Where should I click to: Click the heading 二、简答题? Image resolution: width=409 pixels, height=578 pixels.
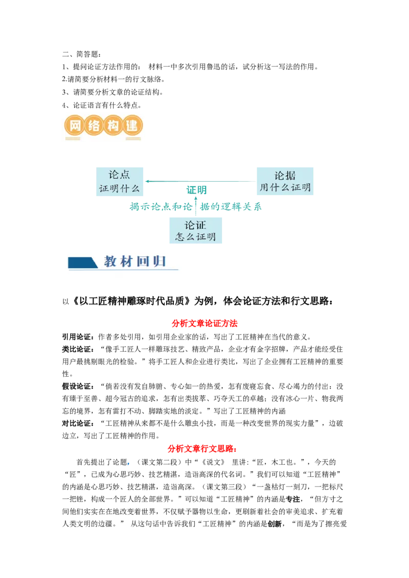point(81,54)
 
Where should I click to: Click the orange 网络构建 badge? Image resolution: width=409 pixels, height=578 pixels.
point(103,126)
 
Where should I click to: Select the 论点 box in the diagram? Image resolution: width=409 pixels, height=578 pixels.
point(120,181)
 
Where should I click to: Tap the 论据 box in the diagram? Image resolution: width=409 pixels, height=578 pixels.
point(285,181)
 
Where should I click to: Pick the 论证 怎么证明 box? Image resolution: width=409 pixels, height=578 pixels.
point(196,230)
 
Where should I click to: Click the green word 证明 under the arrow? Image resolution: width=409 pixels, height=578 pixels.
point(196,190)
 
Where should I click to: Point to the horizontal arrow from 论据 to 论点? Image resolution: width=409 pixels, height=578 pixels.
point(201,181)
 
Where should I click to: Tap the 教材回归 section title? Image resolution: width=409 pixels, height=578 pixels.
point(135,261)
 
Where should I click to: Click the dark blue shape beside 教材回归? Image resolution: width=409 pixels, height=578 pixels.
point(83,262)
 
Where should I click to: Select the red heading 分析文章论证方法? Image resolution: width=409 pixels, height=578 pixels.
point(204,323)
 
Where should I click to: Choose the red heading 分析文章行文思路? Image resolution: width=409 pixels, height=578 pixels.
point(202,449)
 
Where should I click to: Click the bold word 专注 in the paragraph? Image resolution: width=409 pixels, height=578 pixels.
point(293,499)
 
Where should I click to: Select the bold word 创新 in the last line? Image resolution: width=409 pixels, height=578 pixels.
point(275,524)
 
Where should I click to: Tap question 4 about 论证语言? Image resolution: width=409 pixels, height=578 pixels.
point(102,105)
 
